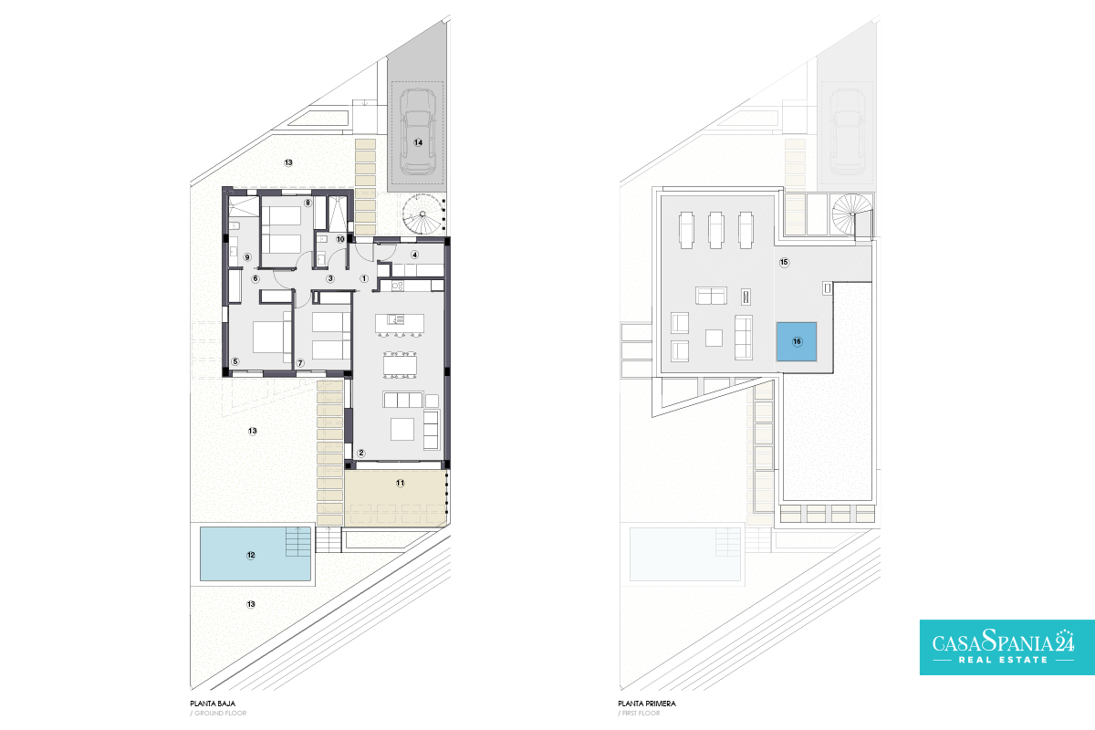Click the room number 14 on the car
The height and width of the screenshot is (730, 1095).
coord(418,142)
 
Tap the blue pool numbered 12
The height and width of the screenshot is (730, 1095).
coord(255,554)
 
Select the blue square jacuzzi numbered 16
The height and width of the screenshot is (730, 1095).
coord(797,341)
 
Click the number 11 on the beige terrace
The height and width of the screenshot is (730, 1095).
coord(400,483)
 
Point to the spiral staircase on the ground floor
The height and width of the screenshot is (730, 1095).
coord(422,214)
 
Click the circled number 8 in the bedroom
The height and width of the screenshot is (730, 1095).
coord(308,203)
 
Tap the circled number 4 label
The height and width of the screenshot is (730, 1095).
coord(414,255)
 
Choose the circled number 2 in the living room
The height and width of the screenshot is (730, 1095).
coord(361,454)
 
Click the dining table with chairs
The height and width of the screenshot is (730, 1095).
coord(400,365)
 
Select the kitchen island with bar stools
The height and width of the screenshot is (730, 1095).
coord(400,325)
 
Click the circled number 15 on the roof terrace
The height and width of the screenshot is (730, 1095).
coord(784,263)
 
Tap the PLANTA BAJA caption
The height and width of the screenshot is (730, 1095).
coord(213,704)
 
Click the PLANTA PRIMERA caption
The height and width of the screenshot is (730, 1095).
coord(647,704)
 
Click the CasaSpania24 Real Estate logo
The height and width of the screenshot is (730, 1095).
coord(1007,647)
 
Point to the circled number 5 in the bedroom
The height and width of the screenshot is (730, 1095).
coord(235,362)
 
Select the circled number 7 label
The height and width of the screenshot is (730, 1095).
coord(300,363)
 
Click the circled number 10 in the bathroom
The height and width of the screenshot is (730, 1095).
coord(340,239)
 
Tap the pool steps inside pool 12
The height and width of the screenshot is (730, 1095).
coord(297,541)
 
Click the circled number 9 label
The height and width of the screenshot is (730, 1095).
coord(247,257)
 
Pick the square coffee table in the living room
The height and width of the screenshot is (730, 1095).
coord(401,429)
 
